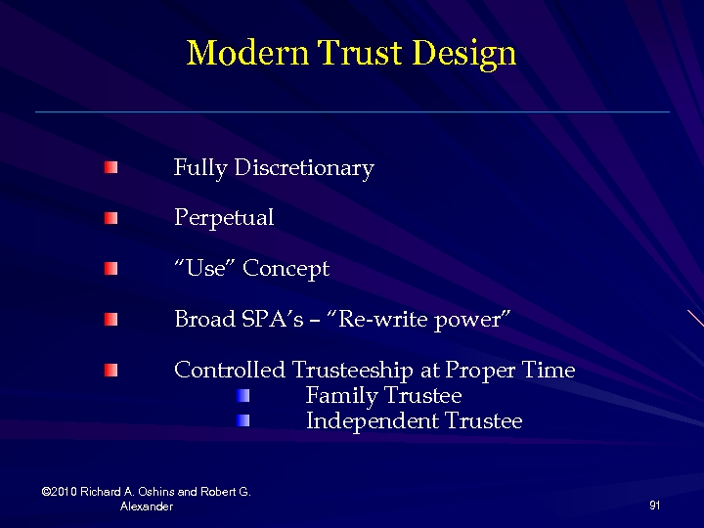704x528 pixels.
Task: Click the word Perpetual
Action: [224, 218]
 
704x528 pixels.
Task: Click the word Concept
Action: [286, 269]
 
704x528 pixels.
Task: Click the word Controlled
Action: [230, 371]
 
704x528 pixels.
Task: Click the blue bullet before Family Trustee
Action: [243, 396]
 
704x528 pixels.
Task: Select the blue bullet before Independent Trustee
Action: [243, 420]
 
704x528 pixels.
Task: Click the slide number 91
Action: [654, 506]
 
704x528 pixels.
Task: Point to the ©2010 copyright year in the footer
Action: [61, 492]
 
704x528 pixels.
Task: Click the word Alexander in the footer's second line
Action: [147, 506]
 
